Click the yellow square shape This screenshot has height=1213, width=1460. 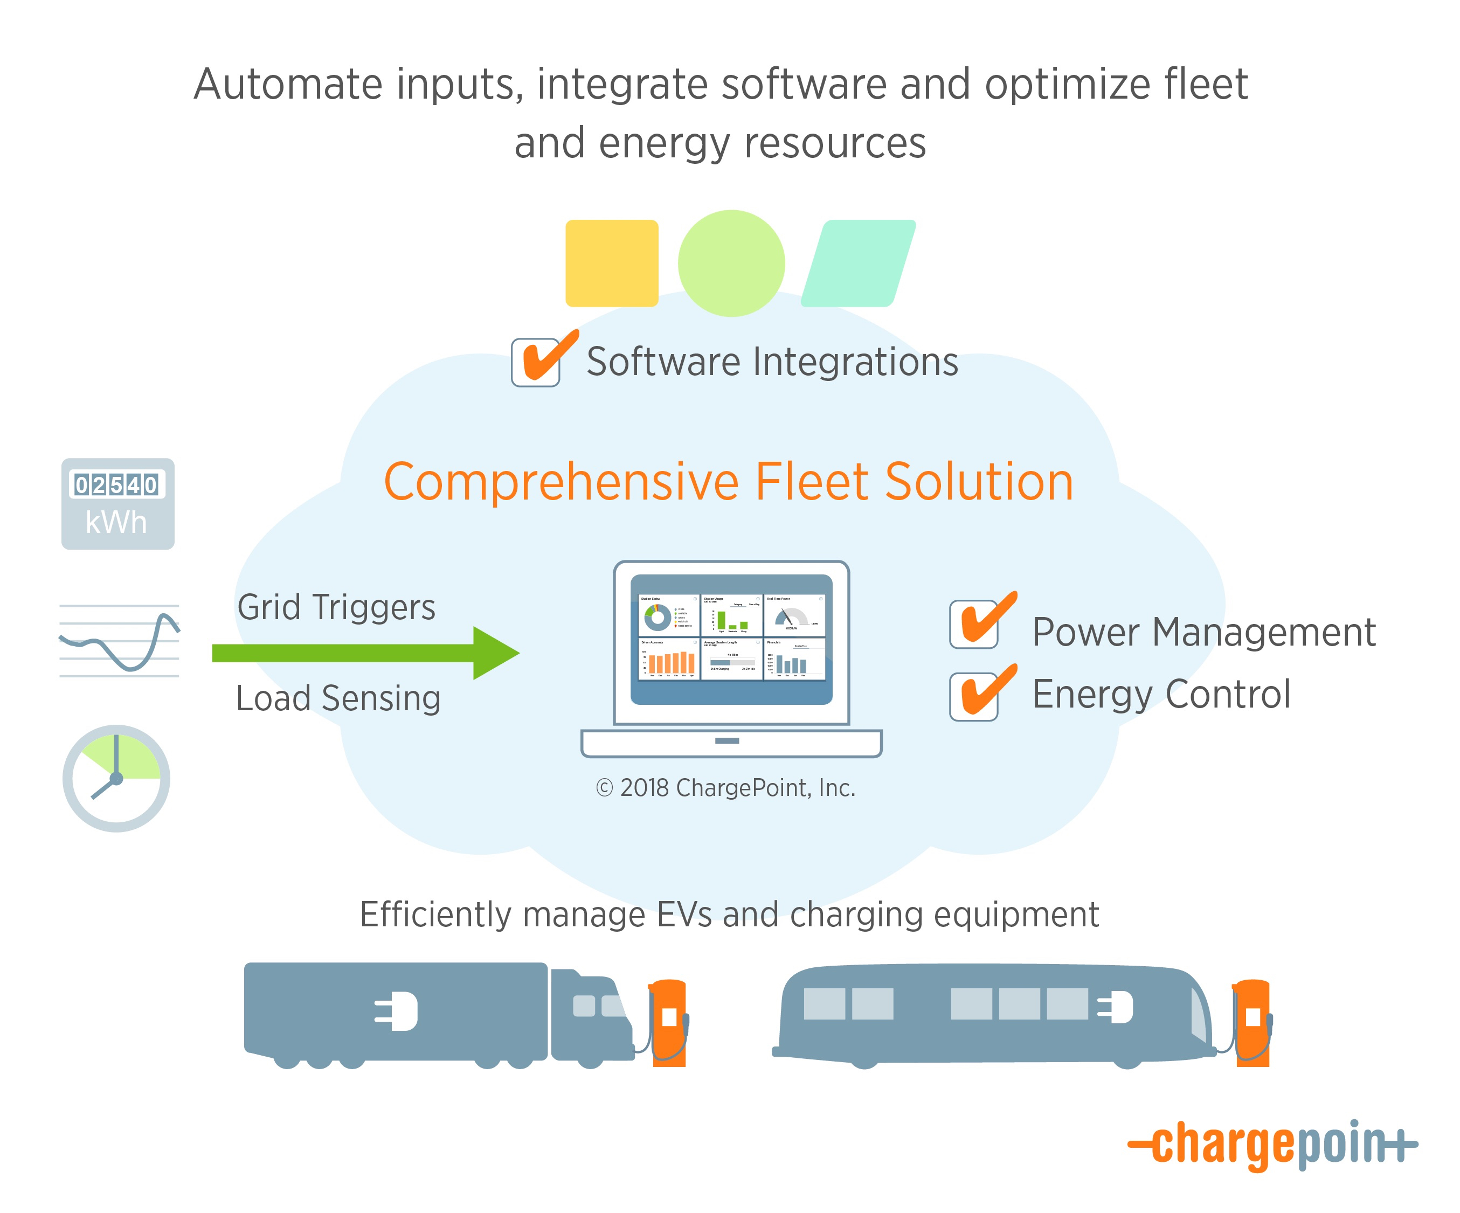click(611, 263)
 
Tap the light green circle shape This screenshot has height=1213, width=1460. click(731, 264)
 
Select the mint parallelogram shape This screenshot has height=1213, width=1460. click(858, 264)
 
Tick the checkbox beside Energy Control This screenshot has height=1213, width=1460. click(974, 697)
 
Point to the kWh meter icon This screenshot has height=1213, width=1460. click(117, 504)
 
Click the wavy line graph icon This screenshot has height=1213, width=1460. click(119, 641)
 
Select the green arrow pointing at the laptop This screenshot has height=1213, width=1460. click(365, 653)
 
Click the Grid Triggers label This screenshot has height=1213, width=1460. click(336, 607)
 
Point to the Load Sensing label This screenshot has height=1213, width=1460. click(338, 698)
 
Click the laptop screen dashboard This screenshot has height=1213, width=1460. click(731, 637)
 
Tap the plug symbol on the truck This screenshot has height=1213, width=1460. click(397, 1011)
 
